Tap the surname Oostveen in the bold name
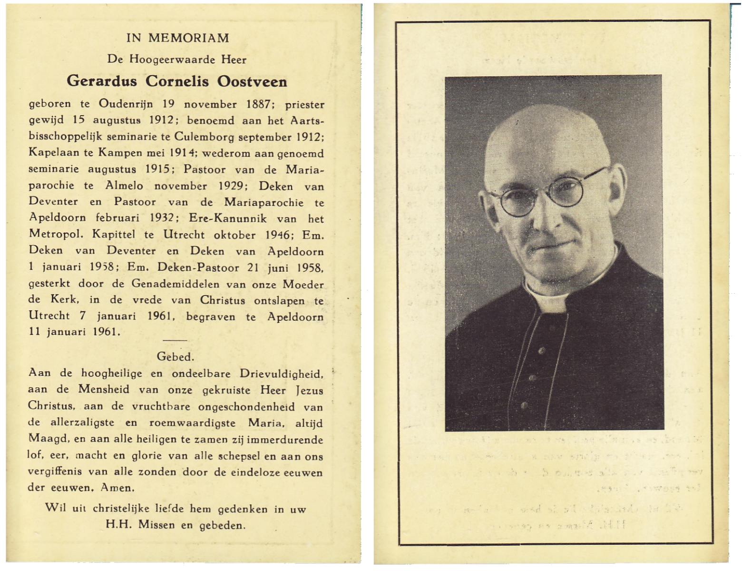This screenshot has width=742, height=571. point(252,81)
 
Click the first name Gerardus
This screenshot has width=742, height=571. point(102,81)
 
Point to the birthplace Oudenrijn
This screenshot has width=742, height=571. point(126,104)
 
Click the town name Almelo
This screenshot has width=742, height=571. point(124,186)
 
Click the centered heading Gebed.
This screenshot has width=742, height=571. point(175,356)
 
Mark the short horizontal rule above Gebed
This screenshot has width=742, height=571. point(175,340)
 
